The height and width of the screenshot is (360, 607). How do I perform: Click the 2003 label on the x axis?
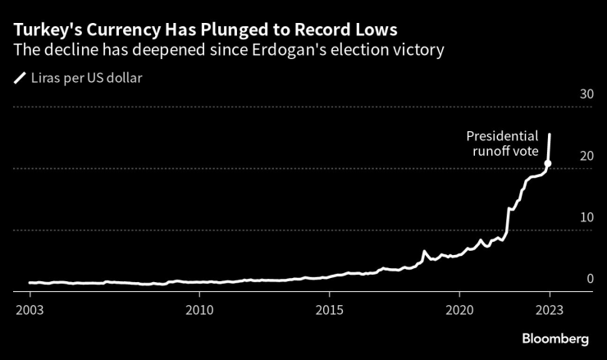30,310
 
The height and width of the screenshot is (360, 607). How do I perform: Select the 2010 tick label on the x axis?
199,310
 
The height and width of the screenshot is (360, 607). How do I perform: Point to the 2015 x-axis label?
329,310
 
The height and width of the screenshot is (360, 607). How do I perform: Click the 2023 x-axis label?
550,310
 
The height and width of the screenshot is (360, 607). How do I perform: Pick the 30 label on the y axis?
586,94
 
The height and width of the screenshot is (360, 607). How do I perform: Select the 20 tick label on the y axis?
586,156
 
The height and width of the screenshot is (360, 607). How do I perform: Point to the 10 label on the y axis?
586,217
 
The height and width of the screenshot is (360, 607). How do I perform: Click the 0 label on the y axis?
590,279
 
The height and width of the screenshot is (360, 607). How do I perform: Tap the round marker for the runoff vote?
548,163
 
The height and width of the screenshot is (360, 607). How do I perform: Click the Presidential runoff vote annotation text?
502,144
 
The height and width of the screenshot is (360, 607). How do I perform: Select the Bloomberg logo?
555,339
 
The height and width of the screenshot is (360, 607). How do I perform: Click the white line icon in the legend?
20,80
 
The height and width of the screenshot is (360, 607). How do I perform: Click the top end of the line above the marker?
550,134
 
